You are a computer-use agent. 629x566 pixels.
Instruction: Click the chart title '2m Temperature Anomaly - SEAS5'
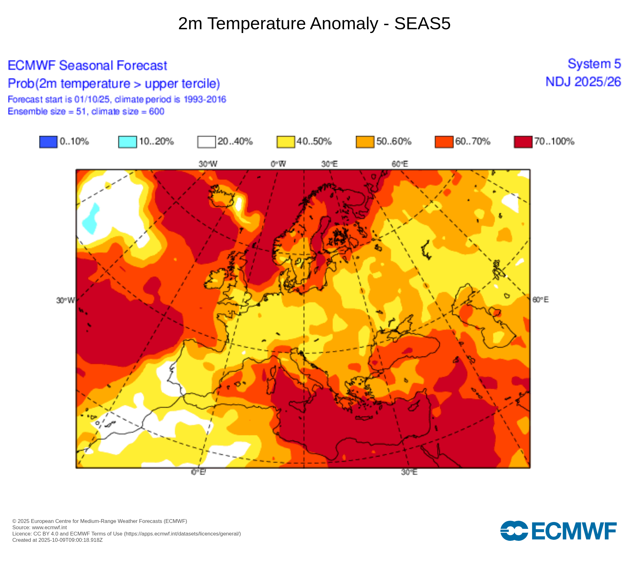[x=314, y=24]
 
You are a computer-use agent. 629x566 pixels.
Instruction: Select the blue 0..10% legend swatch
[x=48, y=141]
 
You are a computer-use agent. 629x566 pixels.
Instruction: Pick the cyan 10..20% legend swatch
[x=127, y=141]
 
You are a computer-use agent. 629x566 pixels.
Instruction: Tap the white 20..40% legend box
[x=207, y=141]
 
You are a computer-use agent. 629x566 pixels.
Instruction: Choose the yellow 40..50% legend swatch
[x=286, y=141]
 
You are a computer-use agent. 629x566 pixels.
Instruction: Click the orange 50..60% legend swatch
[x=365, y=141]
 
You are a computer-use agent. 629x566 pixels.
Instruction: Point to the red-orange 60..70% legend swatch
[x=444, y=141]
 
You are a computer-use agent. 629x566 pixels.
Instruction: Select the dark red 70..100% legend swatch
[x=523, y=141]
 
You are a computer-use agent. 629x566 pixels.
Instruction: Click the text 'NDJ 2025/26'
[x=583, y=82]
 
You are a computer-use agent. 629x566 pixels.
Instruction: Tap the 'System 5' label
[x=594, y=64]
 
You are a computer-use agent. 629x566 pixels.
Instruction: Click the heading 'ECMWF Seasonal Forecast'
[x=87, y=65]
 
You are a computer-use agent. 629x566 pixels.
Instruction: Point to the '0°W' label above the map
[x=278, y=164]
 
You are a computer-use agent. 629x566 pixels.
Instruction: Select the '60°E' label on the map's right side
[x=540, y=300]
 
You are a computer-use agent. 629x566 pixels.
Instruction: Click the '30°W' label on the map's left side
[x=65, y=300]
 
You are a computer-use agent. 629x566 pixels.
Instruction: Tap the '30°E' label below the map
[x=409, y=472]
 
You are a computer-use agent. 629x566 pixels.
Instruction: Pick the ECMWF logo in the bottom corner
[x=558, y=531]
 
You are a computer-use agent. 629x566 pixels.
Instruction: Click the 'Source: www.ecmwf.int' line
[x=40, y=527]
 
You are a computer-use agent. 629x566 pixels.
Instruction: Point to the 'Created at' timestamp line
[x=58, y=540]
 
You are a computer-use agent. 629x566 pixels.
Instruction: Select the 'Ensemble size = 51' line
[x=86, y=111]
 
